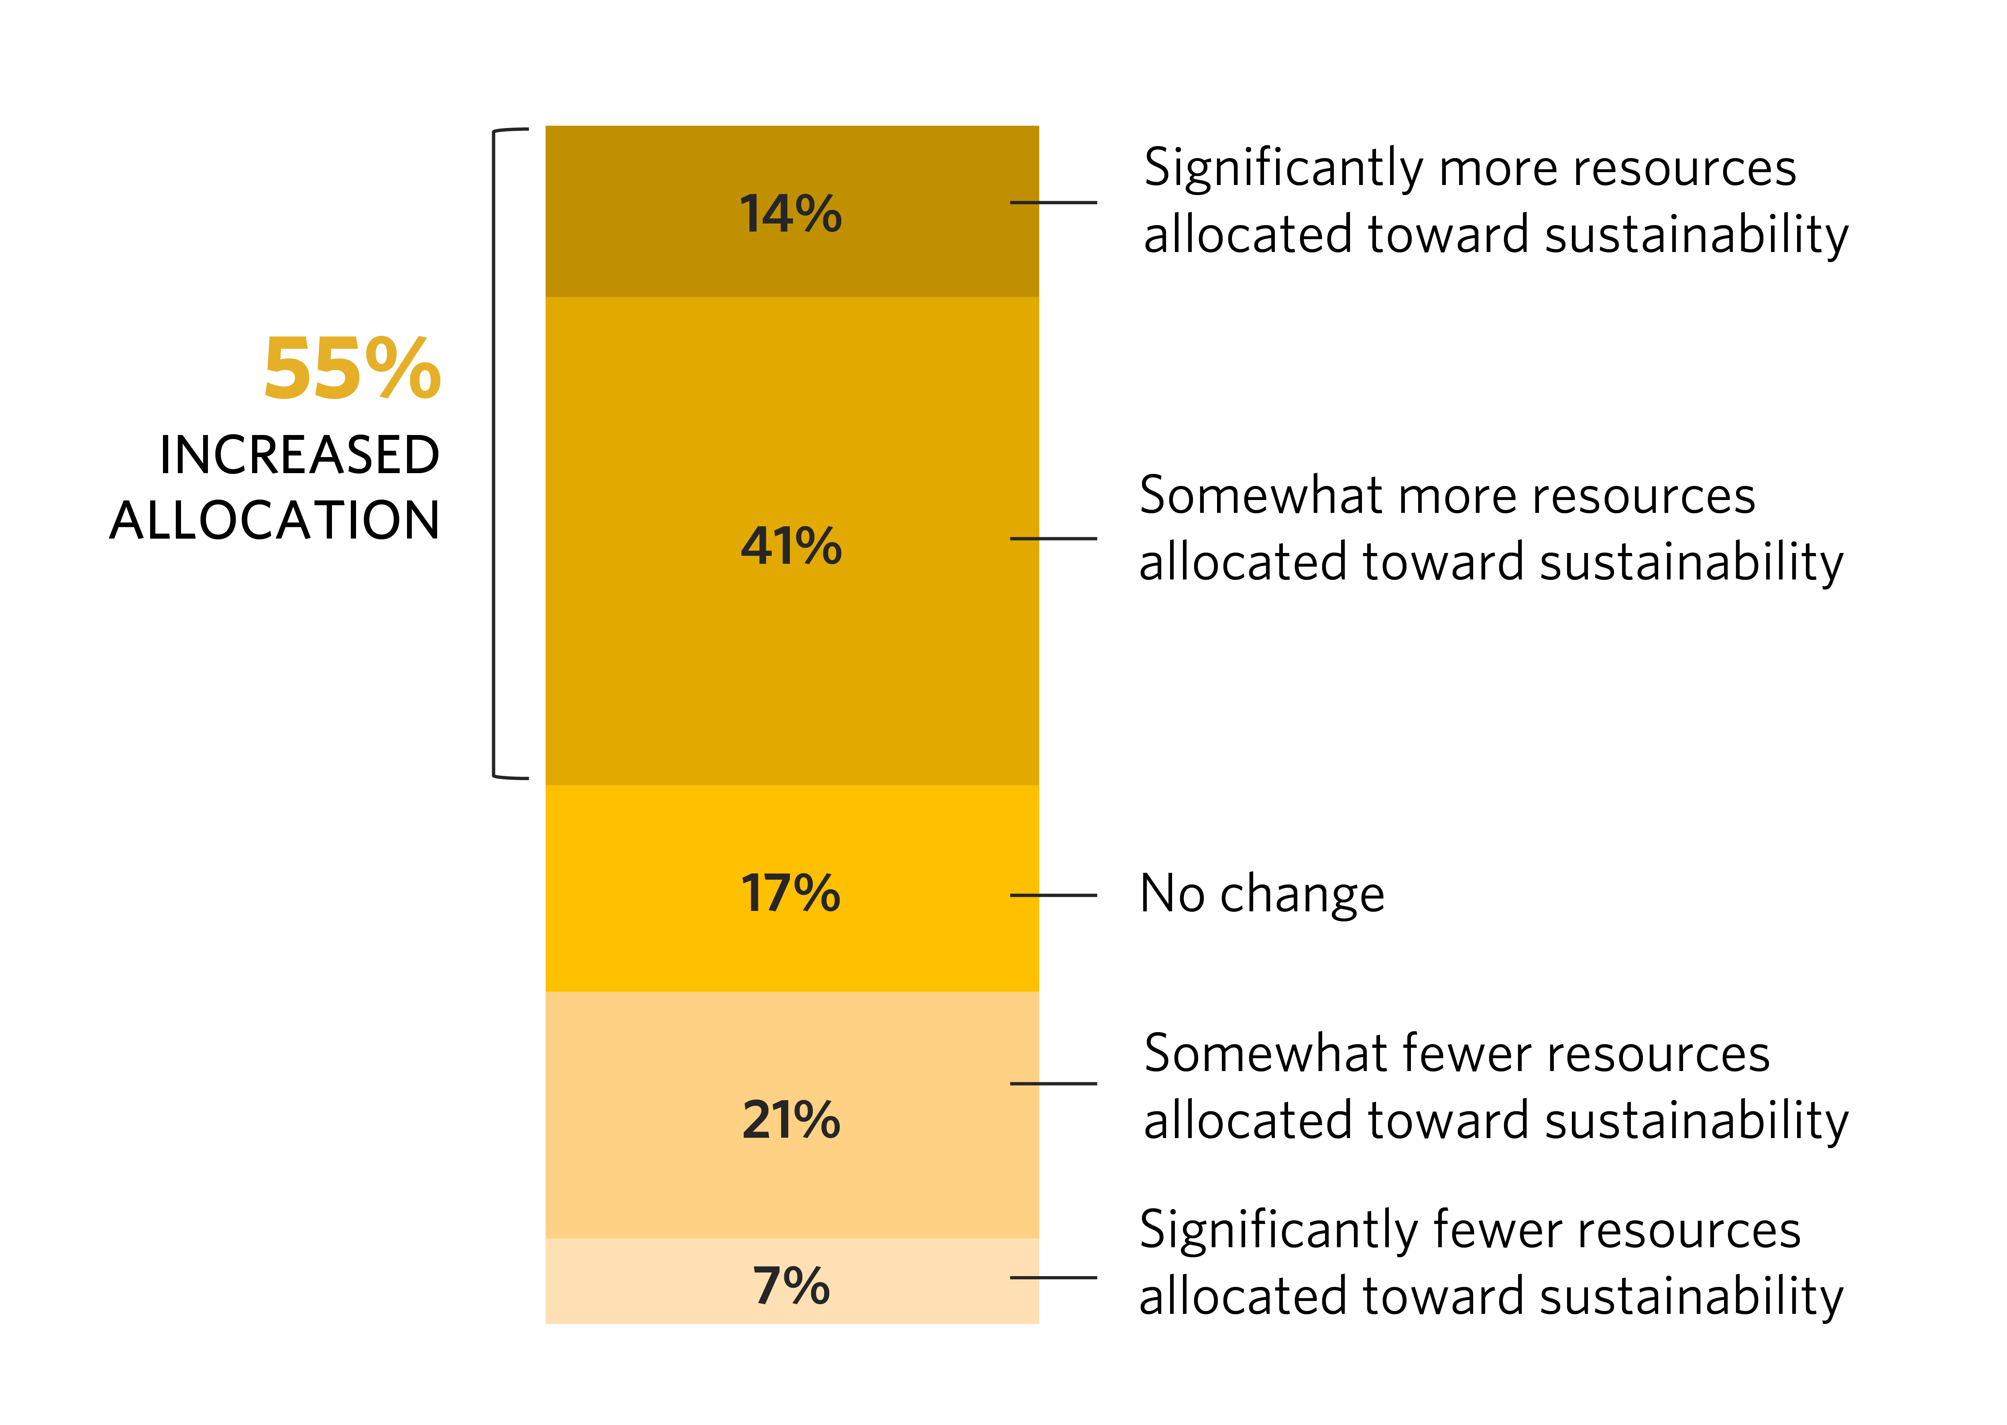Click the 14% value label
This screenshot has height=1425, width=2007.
791,214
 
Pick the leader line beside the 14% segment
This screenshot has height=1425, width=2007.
1053,203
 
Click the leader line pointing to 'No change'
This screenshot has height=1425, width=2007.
1053,895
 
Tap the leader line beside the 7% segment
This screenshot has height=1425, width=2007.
1053,1278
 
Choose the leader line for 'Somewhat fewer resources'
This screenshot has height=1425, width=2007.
1053,1083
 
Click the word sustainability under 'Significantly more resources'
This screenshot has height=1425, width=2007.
1696,237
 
